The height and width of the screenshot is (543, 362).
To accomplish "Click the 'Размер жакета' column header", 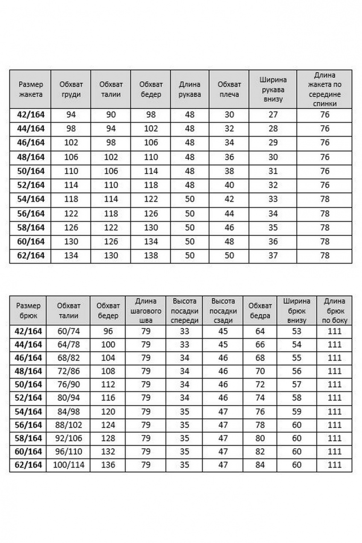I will pos(31,89).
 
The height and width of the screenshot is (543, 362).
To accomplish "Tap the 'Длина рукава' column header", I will pos(190,89).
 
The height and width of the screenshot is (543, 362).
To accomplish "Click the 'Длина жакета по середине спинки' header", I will pos(324,89).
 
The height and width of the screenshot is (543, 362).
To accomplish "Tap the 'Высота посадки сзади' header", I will pos(223,311).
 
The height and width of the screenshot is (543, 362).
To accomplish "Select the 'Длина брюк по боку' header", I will pos(335,311).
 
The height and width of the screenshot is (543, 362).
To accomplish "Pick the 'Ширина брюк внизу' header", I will pos(297,311).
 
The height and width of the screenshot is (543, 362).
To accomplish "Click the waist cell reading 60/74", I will pos(69,331).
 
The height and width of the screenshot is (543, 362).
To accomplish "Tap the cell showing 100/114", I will pos(69,465).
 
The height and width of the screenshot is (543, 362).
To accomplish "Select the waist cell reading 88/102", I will pos(69,425).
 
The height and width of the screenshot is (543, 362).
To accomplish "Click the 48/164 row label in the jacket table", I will pos(31,157).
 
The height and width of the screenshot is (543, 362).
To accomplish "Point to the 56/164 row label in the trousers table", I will pos(29,425).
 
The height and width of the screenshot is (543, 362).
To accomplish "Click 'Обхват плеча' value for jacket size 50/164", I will pos(229,171).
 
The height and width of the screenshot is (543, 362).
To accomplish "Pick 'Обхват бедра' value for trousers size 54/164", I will pos(260,412).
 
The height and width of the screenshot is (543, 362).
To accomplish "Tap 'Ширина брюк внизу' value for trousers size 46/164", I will pos(297,358).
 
